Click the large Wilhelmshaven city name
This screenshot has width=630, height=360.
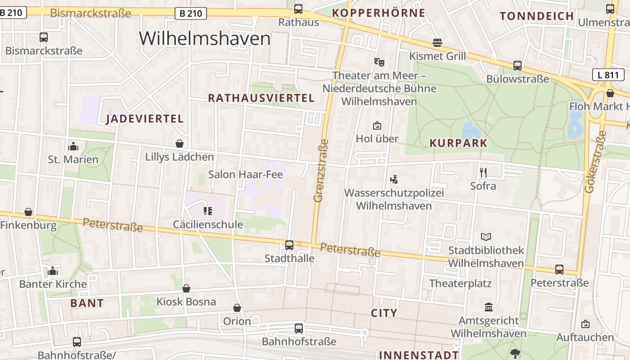click(x=205, y=39)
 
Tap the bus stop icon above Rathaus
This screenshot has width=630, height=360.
click(x=298, y=9)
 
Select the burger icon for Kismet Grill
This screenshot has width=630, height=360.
click(x=437, y=43)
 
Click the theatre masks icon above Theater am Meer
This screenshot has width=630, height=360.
click(x=379, y=61)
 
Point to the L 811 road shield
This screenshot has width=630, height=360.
click(x=608, y=75)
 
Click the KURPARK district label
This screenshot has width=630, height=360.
click(x=458, y=143)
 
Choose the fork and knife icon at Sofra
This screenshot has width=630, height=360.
click(x=483, y=172)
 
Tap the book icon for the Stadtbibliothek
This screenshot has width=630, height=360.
click(x=486, y=237)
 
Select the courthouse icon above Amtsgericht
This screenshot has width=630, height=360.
click(x=488, y=307)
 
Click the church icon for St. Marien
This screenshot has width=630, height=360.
click(x=73, y=146)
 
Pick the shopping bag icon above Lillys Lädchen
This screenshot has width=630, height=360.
click(x=180, y=144)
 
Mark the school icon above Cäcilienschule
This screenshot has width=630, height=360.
click(x=207, y=211)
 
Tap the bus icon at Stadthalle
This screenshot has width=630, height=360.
click(x=289, y=245)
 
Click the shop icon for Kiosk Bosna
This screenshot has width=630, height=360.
click(x=186, y=288)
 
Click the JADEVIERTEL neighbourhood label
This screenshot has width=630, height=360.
click(x=144, y=119)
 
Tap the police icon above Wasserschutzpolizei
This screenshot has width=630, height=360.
click(x=394, y=180)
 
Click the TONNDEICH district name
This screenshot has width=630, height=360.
click(x=537, y=16)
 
